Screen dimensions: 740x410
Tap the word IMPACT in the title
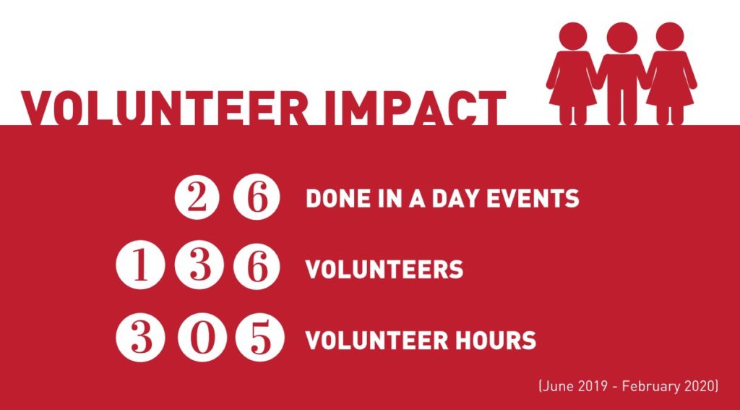coord(416,108)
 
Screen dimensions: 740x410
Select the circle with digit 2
coord(198,197)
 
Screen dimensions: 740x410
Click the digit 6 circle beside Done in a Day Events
coord(257,197)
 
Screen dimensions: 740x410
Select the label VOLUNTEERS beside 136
coord(384,270)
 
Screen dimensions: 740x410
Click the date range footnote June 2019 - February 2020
coord(628,386)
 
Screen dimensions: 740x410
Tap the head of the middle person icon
coord(621,37)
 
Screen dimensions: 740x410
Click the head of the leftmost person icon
coord(573,37)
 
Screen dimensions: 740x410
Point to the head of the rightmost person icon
coord(670,37)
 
